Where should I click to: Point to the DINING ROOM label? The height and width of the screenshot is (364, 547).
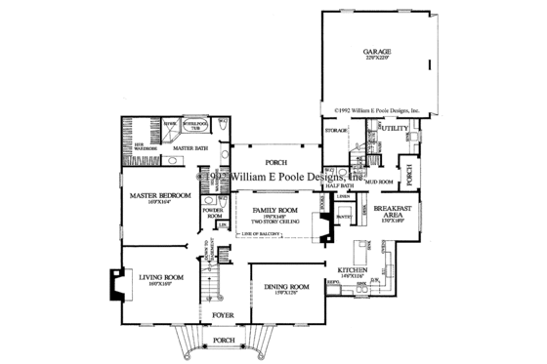click(x=286, y=286)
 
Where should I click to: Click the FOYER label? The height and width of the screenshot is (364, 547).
click(x=224, y=316)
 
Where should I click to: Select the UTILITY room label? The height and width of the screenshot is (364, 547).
click(x=394, y=128)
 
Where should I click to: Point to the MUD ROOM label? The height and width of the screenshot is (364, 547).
click(x=379, y=181)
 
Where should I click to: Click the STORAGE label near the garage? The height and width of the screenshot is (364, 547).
click(x=337, y=130)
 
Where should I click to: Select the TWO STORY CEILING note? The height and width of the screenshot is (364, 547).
click(x=274, y=223)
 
